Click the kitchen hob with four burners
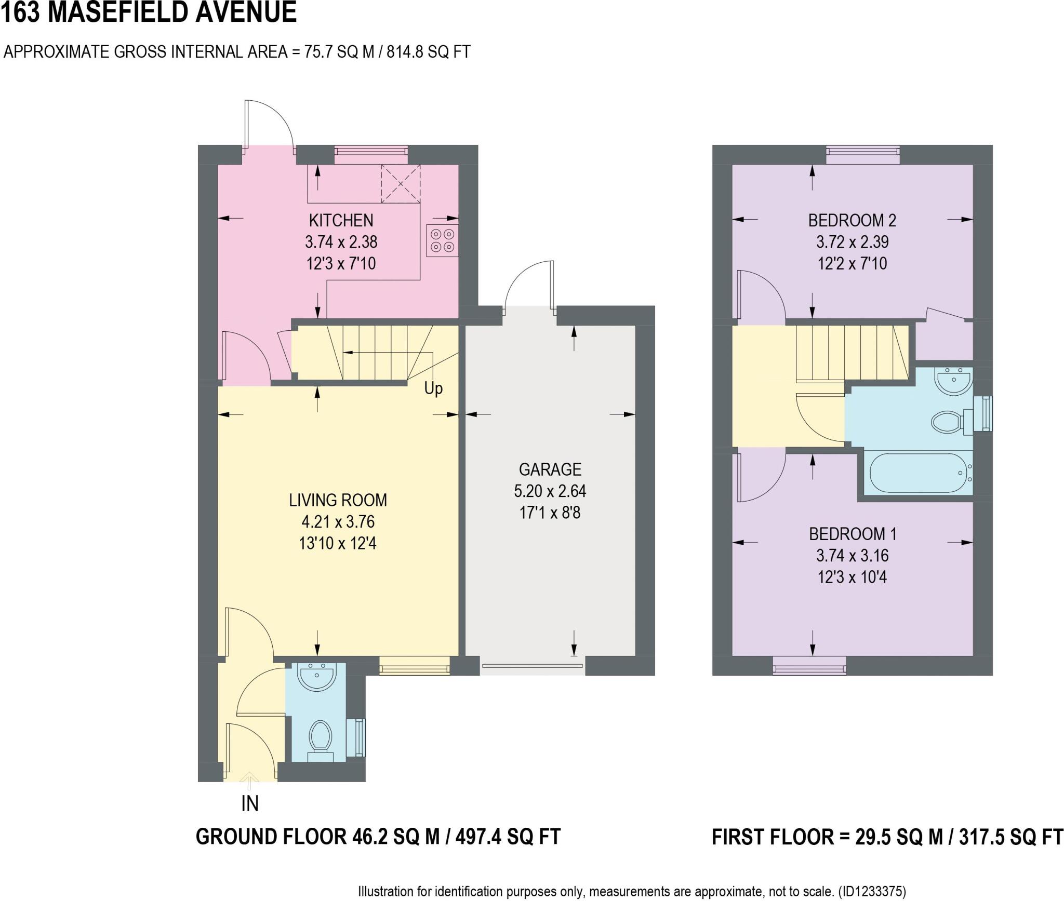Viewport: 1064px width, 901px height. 443,240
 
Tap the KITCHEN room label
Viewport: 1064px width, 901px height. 341,221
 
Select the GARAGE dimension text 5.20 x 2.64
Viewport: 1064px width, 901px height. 550,491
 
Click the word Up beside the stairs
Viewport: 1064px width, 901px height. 433,388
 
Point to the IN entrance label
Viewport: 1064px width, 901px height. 250,804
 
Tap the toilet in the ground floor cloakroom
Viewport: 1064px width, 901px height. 321,737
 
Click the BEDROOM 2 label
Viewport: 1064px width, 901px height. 852,221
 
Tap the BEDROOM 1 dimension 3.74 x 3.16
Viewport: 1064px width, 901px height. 852,556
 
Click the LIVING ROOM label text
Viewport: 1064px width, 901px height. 338,500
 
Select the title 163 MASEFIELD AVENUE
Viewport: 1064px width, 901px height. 149,12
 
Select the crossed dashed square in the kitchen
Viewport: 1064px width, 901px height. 401,184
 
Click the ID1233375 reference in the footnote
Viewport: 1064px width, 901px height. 872,892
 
